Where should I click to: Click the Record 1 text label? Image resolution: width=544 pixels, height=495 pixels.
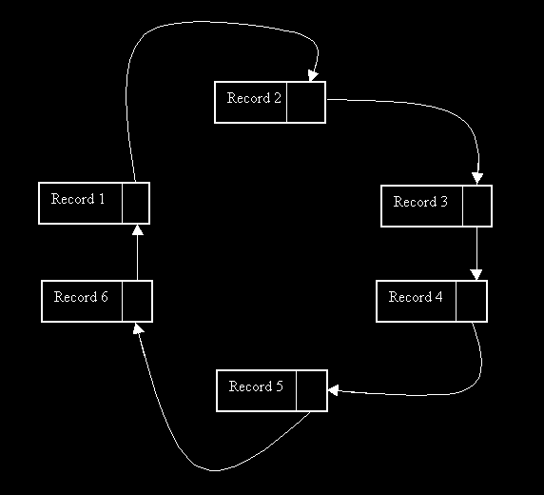pyautogui.click(x=78, y=199)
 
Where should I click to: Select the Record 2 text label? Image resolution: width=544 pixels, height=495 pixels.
pyautogui.click(x=254, y=98)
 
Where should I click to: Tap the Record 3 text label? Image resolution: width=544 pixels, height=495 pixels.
pyautogui.click(x=420, y=202)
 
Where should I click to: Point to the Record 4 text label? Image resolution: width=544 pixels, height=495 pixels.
pyautogui.click(x=416, y=297)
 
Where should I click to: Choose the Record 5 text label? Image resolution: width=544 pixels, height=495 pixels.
pyautogui.click(x=256, y=386)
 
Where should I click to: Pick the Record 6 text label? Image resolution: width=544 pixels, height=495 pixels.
pyautogui.click(x=81, y=297)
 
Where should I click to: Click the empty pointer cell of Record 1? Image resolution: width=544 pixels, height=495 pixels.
pyautogui.click(x=136, y=203)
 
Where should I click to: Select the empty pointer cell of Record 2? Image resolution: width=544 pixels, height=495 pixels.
pyautogui.click(x=306, y=102)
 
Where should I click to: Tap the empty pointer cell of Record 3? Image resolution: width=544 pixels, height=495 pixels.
pyautogui.click(x=477, y=206)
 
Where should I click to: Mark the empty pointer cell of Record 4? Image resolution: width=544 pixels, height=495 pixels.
pyautogui.click(x=472, y=301)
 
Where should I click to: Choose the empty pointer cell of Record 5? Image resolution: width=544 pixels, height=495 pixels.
pyautogui.click(x=312, y=391)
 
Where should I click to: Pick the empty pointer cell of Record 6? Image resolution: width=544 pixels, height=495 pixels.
pyautogui.click(x=137, y=301)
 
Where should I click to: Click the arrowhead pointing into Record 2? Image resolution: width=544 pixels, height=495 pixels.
pyautogui.click(x=313, y=75)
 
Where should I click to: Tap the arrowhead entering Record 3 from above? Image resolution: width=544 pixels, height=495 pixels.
pyautogui.click(x=477, y=178)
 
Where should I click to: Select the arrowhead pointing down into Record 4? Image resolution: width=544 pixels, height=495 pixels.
pyautogui.click(x=476, y=274)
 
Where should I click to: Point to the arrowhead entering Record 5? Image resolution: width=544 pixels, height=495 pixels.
pyautogui.click(x=334, y=390)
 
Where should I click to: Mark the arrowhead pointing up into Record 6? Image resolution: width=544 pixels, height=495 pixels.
pyautogui.click(x=138, y=328)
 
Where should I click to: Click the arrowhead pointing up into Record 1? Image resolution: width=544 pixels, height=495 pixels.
pyautogui.click(x=138, y=230)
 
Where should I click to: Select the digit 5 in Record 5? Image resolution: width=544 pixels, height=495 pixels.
pyautogui.click(x=280, y=386)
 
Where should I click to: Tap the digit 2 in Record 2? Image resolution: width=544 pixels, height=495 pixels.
pyautogui.click(x=277, y=98)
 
